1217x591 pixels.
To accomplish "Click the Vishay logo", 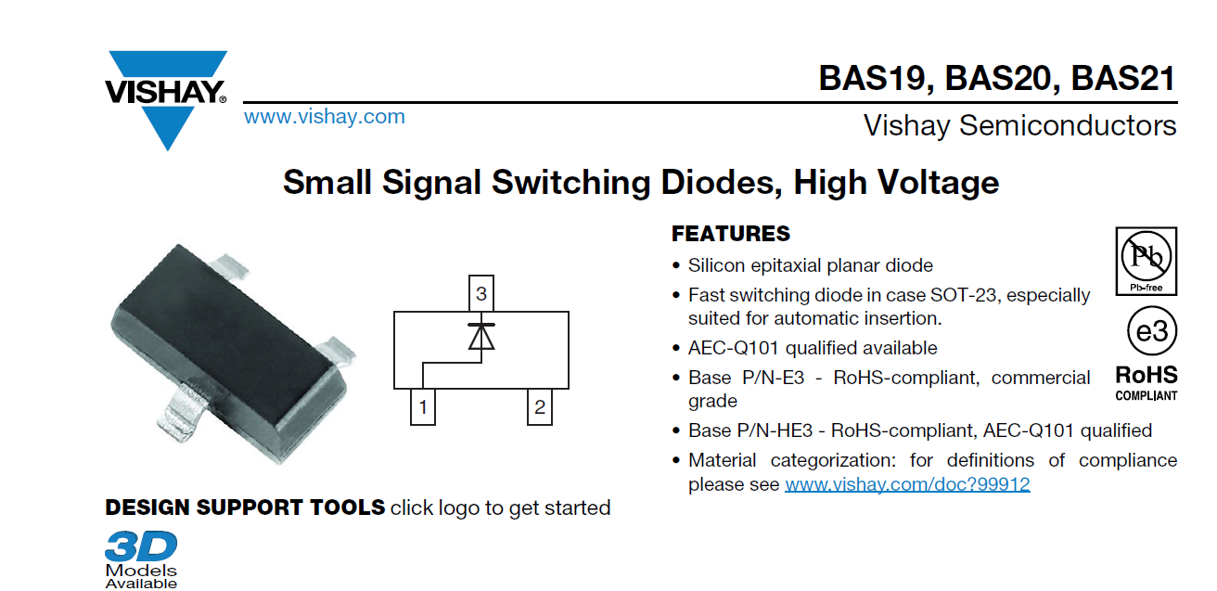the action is pyautogui.click(x=166, y=100).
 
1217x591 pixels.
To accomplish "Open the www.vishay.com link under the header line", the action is pyautogui.click(x=325, y=117).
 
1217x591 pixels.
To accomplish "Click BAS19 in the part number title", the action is pyautogui.click(x=876, y=79).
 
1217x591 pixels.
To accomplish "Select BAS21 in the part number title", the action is pyautogui.click(x=1123, y=79).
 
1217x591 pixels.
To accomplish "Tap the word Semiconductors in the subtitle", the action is pyautogui.click(x=1068, y=125).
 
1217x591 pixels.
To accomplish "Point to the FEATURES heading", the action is pyautogui.click(x=731, y=234).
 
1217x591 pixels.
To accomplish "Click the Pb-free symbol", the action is pyautogui.click(x=1147, y=262).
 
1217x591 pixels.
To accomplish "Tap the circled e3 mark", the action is pyautogui.click(x=1152, y=331).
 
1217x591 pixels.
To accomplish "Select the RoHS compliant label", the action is pyautogui.click(x=1147, y=383).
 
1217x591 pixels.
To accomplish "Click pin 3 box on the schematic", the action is pyautogui.click(x=481, y=293).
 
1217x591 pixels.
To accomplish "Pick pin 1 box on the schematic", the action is pyautogui.click(x=423, y=407).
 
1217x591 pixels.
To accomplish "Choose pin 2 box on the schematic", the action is pyautogui.click(x=540, y=407).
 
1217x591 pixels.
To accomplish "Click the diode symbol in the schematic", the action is pyautogui.click(x=481, y=336).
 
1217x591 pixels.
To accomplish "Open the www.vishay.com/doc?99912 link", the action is pyautogui.click(x=907, y=484).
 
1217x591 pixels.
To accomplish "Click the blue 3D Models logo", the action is pyautogui.click(x=141, y=559).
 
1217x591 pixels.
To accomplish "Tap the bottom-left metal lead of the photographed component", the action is pyautogui.click(x=182, y=411).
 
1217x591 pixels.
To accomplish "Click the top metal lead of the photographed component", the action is pyautogui.click(x=230, y=265).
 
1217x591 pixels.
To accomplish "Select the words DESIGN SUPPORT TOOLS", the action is pyautogui.click(x=245, y=507).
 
